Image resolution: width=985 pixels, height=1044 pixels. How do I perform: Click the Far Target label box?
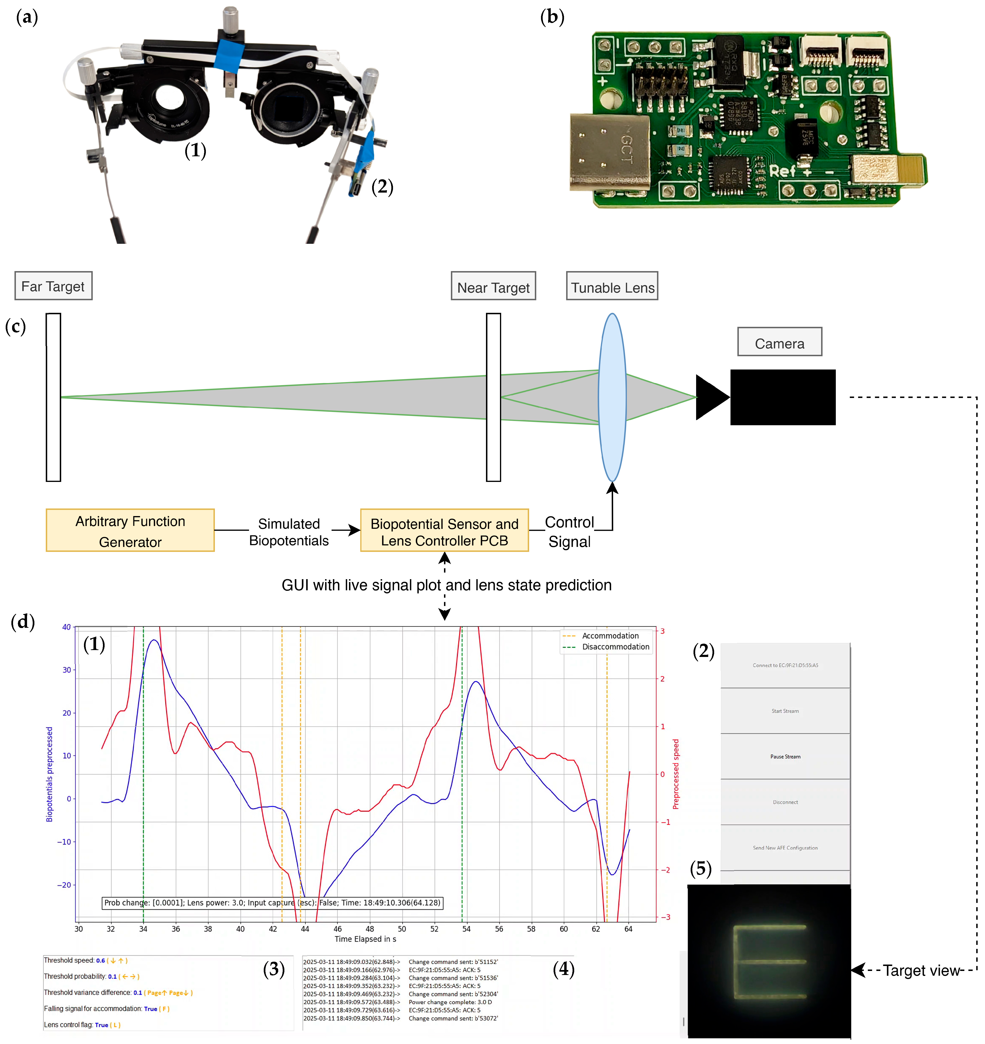pos(53,286)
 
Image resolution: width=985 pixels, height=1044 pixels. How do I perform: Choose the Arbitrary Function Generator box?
pos(130,530)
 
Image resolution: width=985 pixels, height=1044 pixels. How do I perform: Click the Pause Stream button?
pos(785,757)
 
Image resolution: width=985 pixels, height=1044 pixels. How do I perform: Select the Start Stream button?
pos(785,711)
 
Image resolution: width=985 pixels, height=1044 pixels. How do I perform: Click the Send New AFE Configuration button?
pos(785,848)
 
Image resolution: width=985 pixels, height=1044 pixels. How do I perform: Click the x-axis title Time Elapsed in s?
pos(365,939)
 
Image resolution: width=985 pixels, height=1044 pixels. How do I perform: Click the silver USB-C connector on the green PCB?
pos(610,152)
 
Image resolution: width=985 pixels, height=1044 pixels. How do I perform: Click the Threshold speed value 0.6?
pos(100,961)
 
